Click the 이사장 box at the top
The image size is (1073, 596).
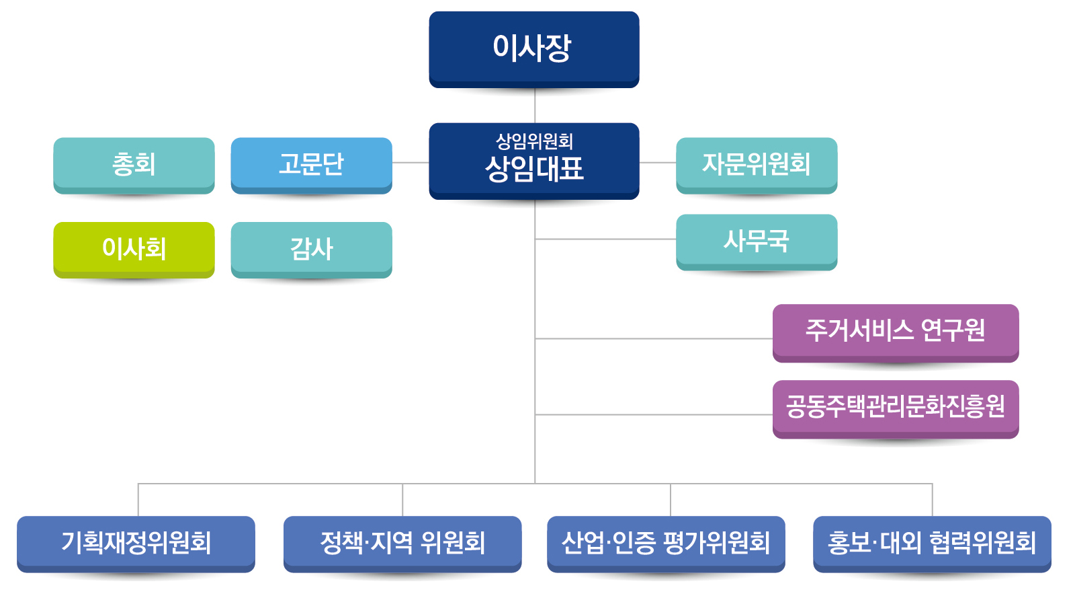[534, 48]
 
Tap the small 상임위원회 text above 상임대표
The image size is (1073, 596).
[534, 141]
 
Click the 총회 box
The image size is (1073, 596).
[134, 164]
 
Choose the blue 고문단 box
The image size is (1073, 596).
[311, 164]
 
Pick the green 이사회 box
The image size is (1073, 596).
[134, 248]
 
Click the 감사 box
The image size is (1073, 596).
[311, 248]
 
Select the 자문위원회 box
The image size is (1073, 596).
[757, 164]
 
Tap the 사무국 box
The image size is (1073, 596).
[757, 241]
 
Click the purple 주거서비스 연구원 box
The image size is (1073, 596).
[896, 331]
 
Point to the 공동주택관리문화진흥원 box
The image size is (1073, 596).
[896, 407]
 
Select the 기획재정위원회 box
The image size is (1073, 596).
[136, 542]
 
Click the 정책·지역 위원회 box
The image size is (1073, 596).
[402, 542]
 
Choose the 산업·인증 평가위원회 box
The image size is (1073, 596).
[666, 542]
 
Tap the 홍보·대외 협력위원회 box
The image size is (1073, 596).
[932, 542]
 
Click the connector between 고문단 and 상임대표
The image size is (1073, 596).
[411, 163]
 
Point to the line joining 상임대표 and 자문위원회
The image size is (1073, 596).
[658, 163]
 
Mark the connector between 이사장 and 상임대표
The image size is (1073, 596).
[535, 106]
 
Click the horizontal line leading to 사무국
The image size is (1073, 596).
[605, 239]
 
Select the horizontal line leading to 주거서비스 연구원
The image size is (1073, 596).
[652, 338]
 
